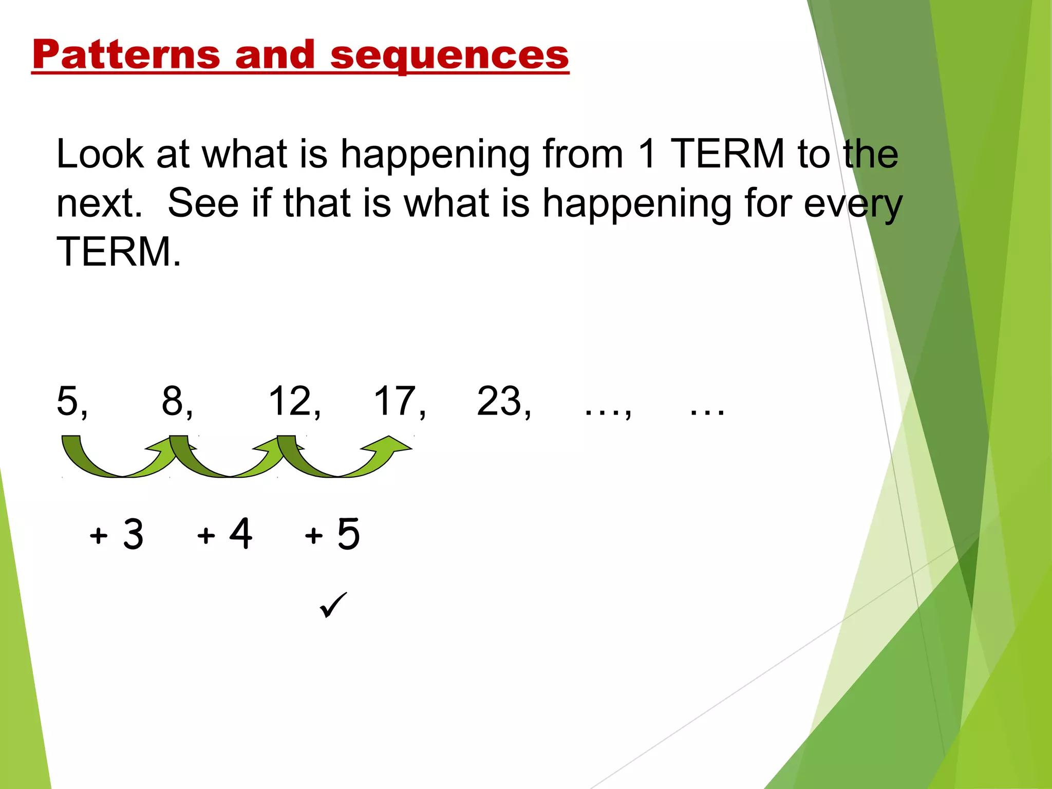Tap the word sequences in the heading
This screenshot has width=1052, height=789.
tap(449, 55)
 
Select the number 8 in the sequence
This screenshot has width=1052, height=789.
tap(173, 401)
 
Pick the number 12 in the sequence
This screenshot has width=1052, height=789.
tap(290, 401)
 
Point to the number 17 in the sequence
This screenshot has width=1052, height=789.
tap(394, 401)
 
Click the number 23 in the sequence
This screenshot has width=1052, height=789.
tap(498, 401)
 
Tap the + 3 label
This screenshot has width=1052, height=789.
tap(117, 534)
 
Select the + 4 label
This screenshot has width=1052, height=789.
tap(224, 534)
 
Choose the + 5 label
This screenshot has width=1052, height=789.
tap(332, 534)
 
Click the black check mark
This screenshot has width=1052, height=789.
tap(333, 605)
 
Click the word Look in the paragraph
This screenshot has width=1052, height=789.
tap(100, 154)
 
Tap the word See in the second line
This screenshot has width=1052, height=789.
tap(203, 203)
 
